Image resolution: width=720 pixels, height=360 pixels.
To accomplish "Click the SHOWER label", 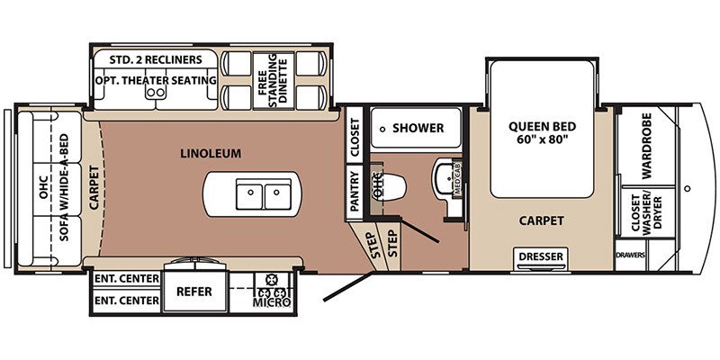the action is (x=418, y=128).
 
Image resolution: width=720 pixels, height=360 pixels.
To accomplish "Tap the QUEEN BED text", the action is (x=542, y=126).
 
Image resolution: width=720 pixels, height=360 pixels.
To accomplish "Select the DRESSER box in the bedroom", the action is (x=541, y=256).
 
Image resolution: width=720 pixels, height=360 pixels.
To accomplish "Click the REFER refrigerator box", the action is (x=194, y=291).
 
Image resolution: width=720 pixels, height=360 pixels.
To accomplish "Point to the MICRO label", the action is (x=272, y=302).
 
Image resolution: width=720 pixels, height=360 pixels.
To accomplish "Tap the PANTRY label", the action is (x=354, y=191).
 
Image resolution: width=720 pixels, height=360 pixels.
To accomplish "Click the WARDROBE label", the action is (x=646, y=146).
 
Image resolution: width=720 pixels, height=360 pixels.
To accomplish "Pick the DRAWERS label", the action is (x=631, y=256).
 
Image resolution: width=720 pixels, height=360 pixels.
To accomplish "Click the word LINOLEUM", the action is (x=211, y=153).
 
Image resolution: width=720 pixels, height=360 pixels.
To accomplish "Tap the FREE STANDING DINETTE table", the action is (x=274, y=80).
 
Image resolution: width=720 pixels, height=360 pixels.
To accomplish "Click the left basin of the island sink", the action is (x=250, y=193).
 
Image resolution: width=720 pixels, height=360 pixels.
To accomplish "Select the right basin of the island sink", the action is (x=278, y=193).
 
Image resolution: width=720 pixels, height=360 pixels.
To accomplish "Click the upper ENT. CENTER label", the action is (x=127, y=278).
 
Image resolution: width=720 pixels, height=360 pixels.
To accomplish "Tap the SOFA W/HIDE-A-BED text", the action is (x=64, y=188).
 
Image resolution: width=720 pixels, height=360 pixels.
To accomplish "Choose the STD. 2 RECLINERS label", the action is (x=156, y=59).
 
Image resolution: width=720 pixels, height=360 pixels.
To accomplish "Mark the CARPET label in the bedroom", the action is (x=542, y=220).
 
